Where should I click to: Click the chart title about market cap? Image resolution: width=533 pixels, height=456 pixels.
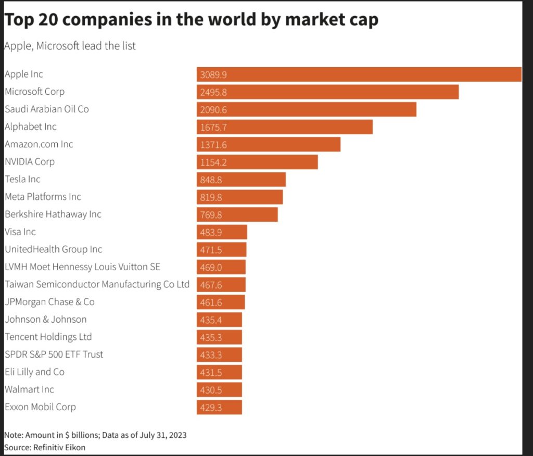click(x=191, y=19)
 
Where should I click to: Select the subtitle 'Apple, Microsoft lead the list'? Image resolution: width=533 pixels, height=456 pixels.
click(x=70, y=46)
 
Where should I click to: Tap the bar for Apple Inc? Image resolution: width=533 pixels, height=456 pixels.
click(x=359, y=74)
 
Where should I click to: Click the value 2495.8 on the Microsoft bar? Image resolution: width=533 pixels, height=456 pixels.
click(x=213, y=92)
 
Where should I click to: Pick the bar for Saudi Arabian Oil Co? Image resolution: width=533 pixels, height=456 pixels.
click(x=306, y=109)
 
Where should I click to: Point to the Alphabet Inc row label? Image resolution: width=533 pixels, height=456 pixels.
click(x=30, y=126)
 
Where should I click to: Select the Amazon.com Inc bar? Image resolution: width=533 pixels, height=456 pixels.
click(x=268, y=144)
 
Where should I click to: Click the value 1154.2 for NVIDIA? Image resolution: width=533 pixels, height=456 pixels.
click(x=213, y=162)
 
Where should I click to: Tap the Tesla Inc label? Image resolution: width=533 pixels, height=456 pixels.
click(x=22, y=179)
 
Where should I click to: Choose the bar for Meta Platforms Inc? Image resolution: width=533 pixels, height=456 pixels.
click(x=239, y=197)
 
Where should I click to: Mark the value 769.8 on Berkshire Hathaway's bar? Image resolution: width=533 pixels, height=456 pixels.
click(x=211, y=214)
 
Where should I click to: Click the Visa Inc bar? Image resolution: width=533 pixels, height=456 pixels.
click(x=222, y=232)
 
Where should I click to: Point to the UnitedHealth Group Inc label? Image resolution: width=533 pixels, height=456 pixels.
click(x=53, y=249)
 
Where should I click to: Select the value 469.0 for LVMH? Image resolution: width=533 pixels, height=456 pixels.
click(x=211, y=267)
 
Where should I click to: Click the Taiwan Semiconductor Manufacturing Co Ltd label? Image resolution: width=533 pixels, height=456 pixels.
click(x=97, y=284)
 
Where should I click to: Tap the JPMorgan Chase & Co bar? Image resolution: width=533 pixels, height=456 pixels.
click(x=220, y=302)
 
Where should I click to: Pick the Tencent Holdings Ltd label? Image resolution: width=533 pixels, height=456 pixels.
click(x=48, y=337)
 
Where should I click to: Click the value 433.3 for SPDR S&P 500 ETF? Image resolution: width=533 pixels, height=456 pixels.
click(x=211, y=354)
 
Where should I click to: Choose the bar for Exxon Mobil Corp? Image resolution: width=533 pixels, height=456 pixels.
click(x=219, y=407)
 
